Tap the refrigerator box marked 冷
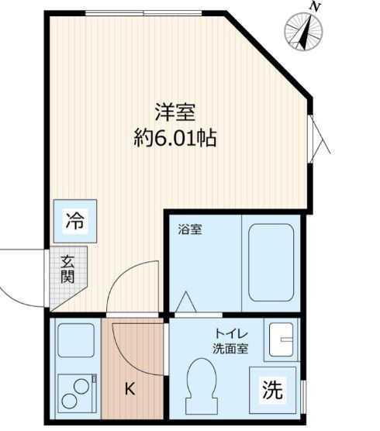(x=74, y=220)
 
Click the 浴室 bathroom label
(x=190, y=230)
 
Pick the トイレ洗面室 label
(x=231, y=341)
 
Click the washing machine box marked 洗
(x=271, y=389)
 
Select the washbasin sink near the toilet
(x=280, y=339)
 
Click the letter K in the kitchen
(x=130, y=389)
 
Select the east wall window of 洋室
(x=318, y=140)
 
